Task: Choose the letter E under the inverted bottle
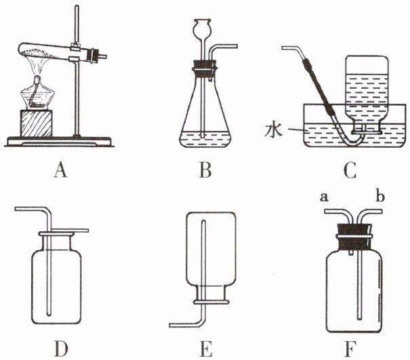207,348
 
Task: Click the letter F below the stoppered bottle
350,348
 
